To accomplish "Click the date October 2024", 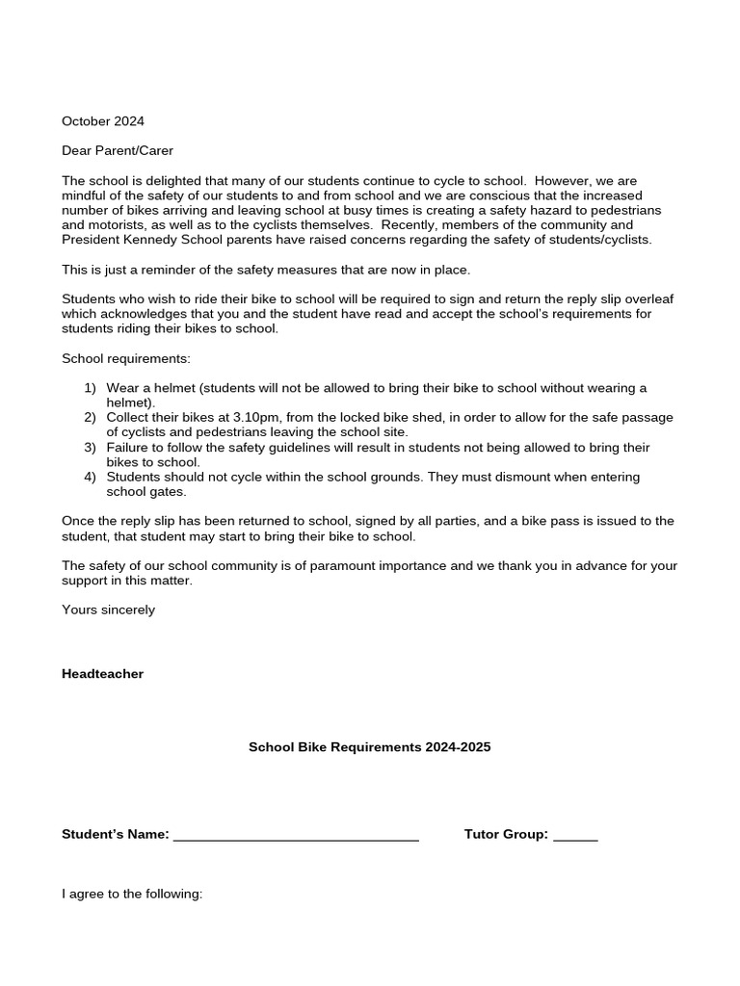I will tap(103, 121).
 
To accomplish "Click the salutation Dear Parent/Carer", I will tap(118, 150).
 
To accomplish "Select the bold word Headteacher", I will tap(102, 674).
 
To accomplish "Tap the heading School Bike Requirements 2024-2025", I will tap(370, 747).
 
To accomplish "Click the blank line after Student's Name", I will tap(296, 836).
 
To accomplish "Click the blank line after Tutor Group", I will tap(575, 836).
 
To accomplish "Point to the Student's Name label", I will tap(116, 834).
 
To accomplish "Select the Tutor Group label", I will tap(506, 834).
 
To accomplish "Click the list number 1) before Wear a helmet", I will tap(90, 388).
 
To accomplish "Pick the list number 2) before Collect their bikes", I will tap(90, 418).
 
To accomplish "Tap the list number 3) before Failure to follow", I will tap(90, 448).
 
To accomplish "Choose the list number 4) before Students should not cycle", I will tap(90, 478).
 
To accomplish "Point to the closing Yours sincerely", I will tap(108, 610).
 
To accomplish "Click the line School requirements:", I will tap(126, 358).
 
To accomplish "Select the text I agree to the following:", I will tap(132, 894).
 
